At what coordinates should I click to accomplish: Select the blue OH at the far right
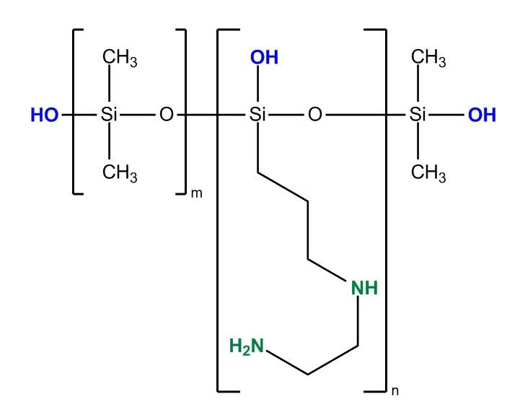(x=482, y=115)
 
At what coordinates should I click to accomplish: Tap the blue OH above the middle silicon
(x=264, y=58)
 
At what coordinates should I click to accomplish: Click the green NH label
(x=364, y=289)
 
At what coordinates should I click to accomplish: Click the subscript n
(x=395, y=392)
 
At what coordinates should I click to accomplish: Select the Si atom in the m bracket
(x=109, y=115)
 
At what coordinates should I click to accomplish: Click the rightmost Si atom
(x=418, y=115)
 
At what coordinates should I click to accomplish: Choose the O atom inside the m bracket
(x=167, y=115)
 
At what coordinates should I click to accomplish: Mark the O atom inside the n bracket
(x=314, y=115)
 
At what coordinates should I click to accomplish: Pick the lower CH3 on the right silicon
(x=428, y=174)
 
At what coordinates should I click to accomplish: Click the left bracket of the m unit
(x=75, y=112)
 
